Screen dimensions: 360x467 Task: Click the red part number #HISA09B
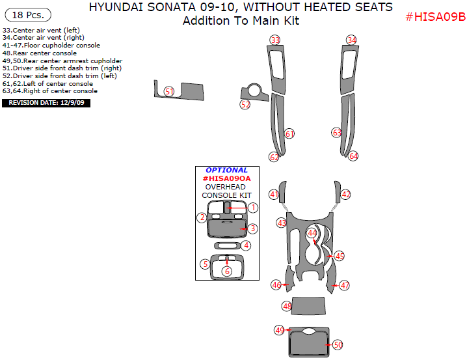point(435,17)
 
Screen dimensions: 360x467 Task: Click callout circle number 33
point(275,40)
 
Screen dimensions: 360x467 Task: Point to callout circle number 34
point(351,40)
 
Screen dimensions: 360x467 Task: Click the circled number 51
point(169,92)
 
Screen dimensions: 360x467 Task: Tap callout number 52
point(245,104)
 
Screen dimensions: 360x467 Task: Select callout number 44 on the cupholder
point(312,232)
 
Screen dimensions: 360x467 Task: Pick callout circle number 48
point(287,306)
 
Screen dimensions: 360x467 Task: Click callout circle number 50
point(338,344)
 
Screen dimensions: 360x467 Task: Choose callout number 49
point(280,330)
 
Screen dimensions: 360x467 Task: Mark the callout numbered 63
point(336,133)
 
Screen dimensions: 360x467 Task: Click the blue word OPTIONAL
point(226,170)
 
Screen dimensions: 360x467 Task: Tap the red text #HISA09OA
point(226,178)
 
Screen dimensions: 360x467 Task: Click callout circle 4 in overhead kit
point(246,245)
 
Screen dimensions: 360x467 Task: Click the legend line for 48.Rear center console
point(40,53)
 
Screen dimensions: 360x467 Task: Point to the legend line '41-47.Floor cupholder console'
point(51,46)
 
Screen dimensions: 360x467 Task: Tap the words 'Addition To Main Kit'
point(241,21)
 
